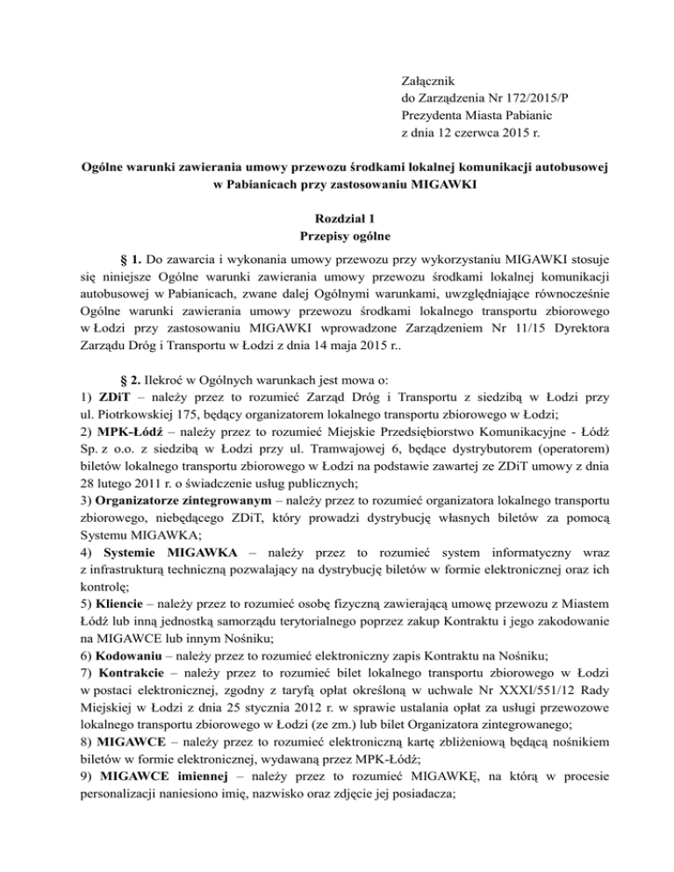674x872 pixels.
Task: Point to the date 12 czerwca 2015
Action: [x=483, y=135]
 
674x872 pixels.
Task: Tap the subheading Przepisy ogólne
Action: [x=337, y=235]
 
